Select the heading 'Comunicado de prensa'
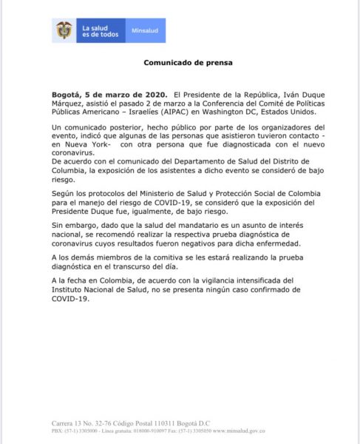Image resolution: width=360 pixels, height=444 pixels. tap(180, 63)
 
